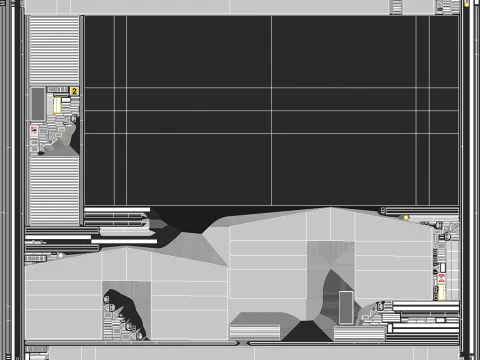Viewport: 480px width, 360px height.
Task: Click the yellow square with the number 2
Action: click(74, 91)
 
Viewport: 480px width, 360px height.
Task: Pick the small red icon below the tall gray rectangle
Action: click(34, 131)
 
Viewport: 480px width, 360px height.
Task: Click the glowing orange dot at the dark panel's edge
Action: click(406, 217)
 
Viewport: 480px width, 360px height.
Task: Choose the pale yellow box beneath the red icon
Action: click(441, 292)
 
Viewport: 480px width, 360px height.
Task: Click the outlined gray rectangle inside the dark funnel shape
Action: click(346, 304)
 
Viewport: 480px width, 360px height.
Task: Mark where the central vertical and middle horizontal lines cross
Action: click(271, 109)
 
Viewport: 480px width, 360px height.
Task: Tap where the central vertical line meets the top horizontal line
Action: click(271, 88)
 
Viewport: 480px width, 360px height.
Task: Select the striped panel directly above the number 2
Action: click(53, 50)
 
